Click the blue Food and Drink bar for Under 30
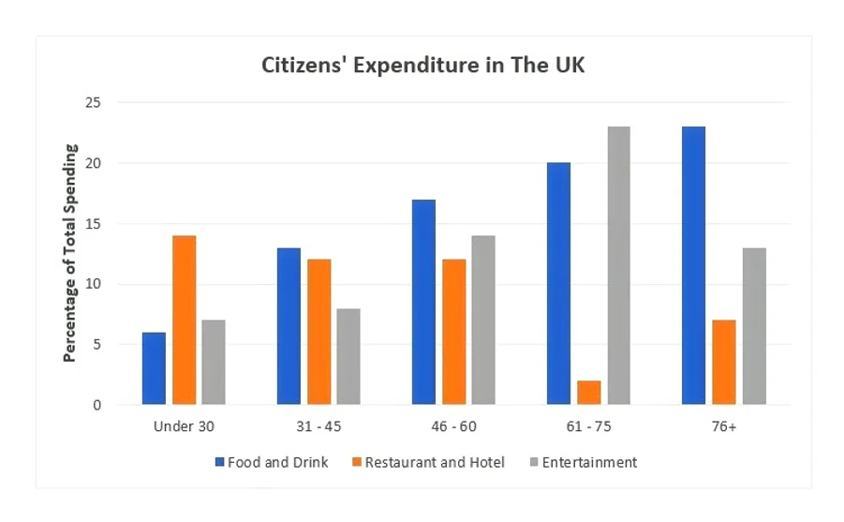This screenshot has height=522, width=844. click(154, 368)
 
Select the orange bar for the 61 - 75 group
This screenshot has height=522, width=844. click(589, 393)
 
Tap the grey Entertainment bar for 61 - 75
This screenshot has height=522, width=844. click(618, 265)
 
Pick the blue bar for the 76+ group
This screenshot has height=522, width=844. click(694, 265)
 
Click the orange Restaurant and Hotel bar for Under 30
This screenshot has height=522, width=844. click(185, 320)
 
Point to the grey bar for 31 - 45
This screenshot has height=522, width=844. click(348, 356)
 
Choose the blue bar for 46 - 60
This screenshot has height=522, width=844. click(423, 302)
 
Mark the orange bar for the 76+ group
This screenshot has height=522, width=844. click(724, 362)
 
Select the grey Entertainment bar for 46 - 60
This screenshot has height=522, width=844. click(483, 320)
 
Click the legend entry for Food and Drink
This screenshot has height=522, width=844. click(272, 462)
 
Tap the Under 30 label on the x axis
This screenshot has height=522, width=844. click(184, 426)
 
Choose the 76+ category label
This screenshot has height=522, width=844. click(724, 426)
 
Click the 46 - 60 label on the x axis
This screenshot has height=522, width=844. click(453, 426)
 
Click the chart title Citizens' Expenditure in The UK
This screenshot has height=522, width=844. click(422, 67)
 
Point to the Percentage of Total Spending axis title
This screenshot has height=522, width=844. click(70, 253)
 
